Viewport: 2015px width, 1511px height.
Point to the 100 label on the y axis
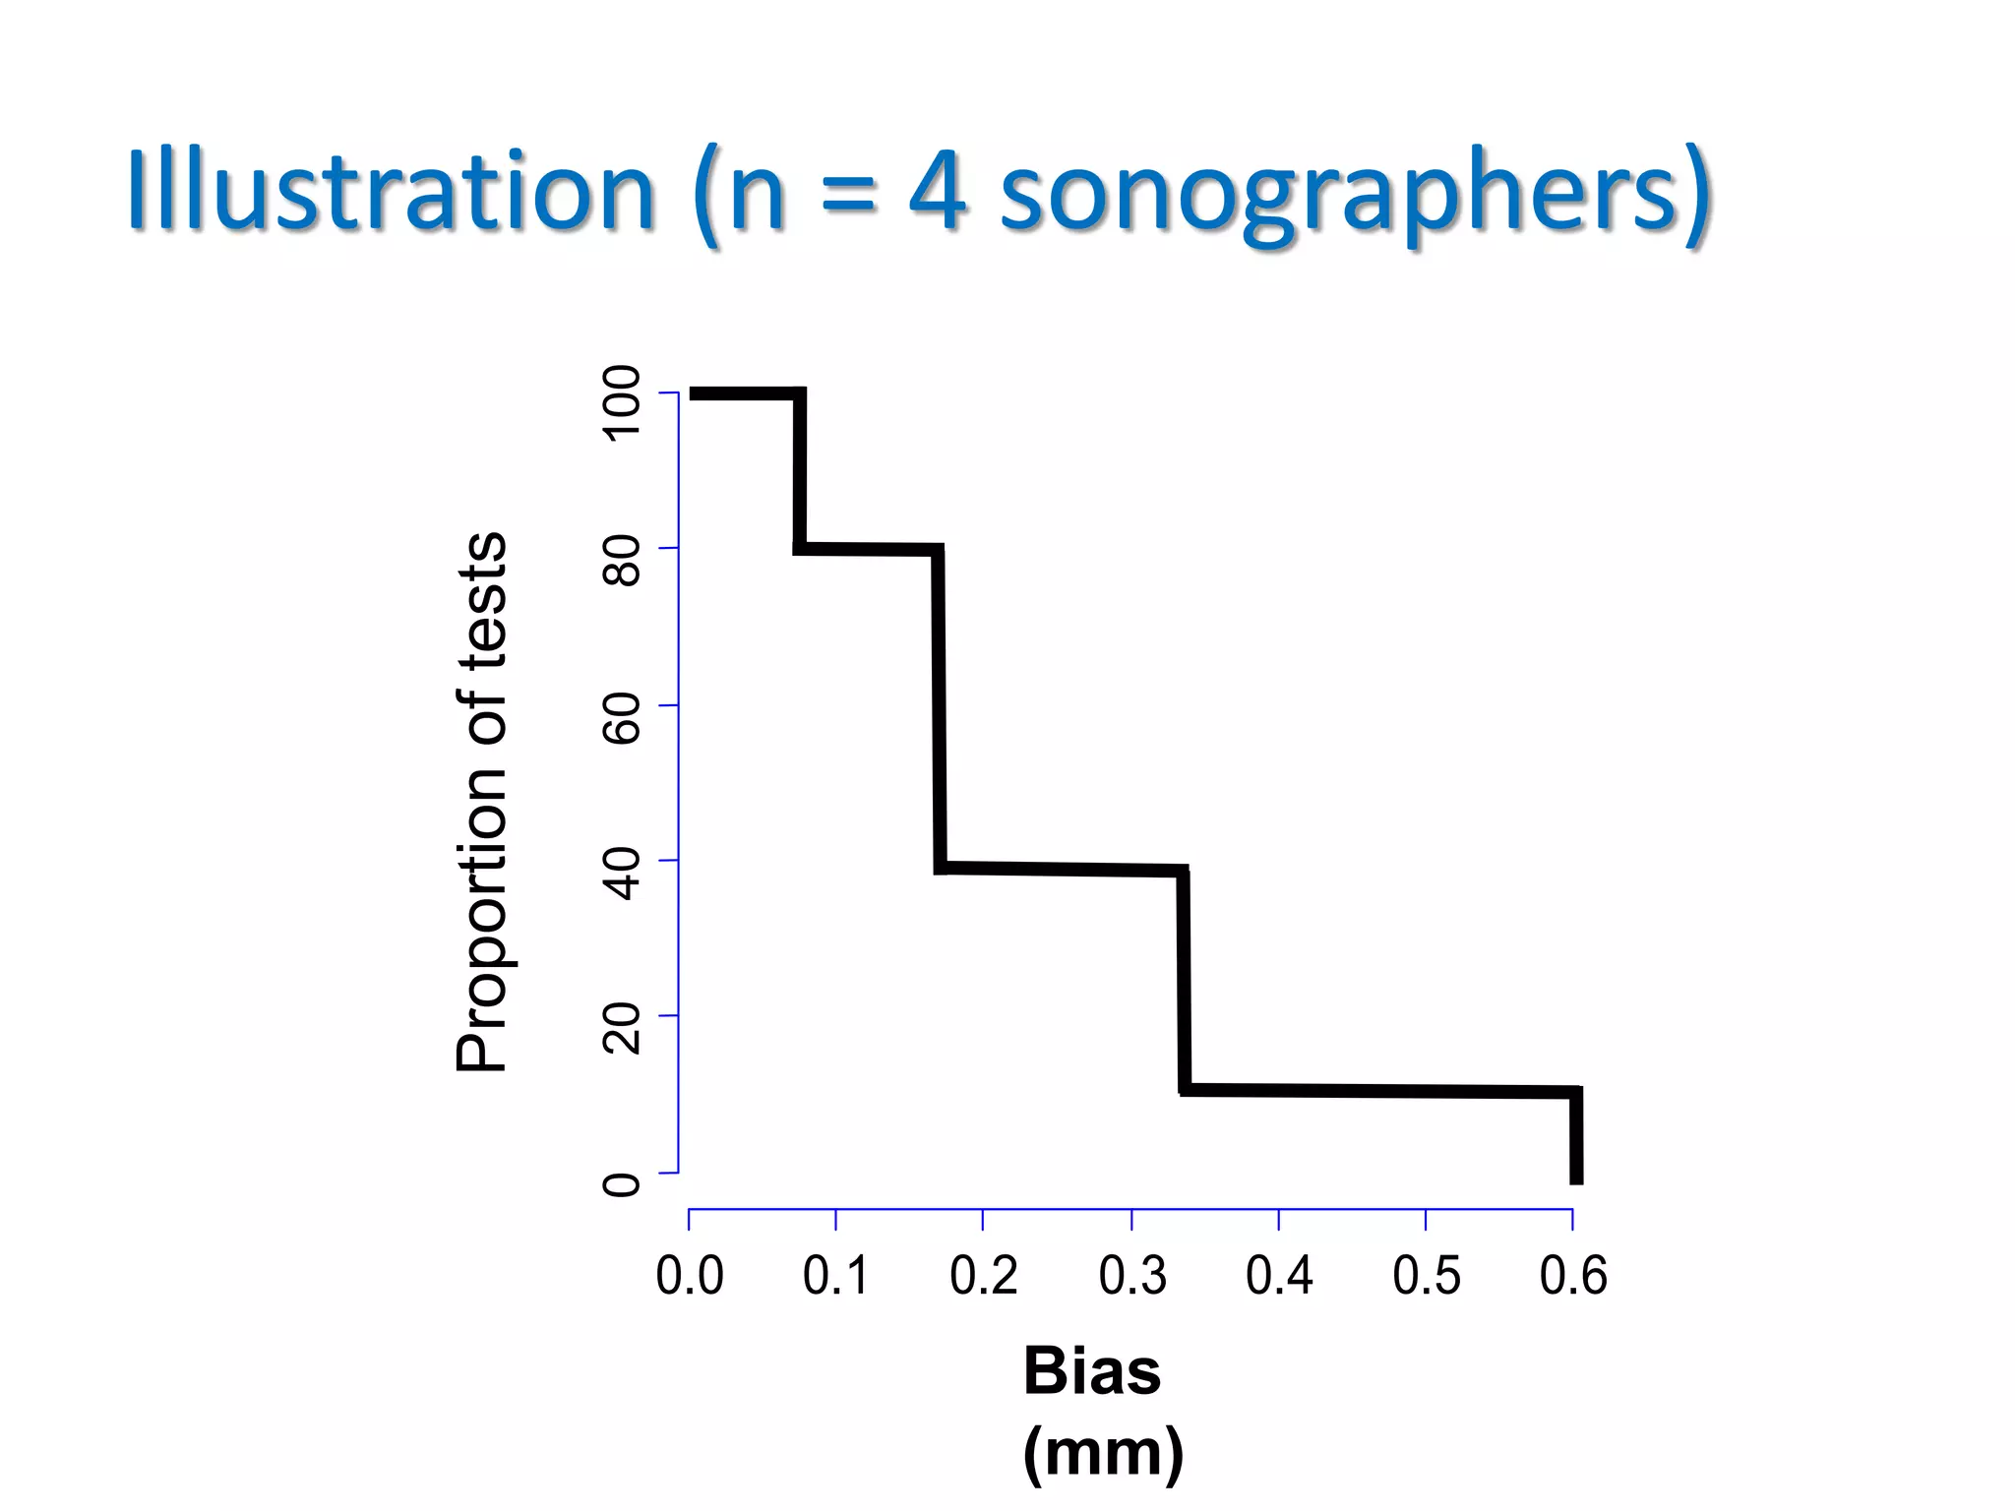coord(622,403)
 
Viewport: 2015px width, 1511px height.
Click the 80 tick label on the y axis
coord(622,562)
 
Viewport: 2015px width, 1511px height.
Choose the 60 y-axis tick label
coord(622,718)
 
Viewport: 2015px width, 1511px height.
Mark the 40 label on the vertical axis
coord(622,875)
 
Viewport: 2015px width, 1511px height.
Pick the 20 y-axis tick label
coord(622,1029)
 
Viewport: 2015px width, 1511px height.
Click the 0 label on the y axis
coord(622,1184)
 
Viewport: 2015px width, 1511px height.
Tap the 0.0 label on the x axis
coord(690,1276)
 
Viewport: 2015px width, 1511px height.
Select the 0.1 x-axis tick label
coord(835,1276)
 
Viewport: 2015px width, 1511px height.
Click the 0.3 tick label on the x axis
coord(1132,1276)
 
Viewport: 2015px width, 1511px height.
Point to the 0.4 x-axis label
coord(1279,1276)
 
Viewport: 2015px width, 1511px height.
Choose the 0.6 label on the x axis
coord(1573,1276)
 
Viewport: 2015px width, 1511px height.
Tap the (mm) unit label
coord(1103,1452)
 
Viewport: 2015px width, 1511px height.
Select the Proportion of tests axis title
coord(482,802)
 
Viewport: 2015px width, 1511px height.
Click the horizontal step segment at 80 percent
coord(868,549)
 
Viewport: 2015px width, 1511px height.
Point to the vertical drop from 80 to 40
coord(940,708)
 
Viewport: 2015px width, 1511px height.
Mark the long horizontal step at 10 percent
coord(1377,1090)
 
